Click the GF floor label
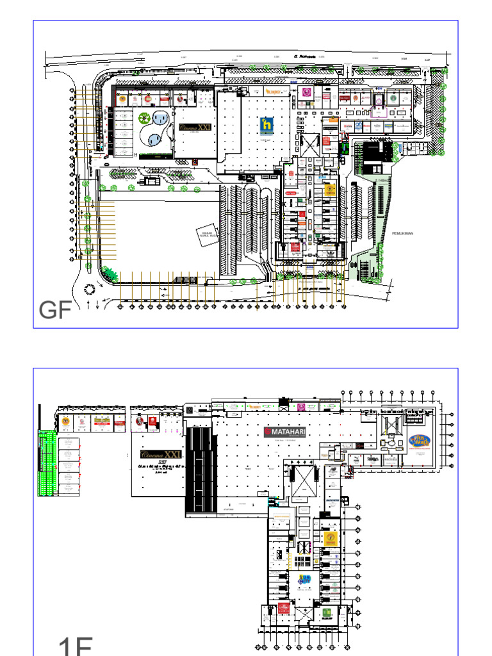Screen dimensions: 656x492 pyautogui.click(x=54, y=311)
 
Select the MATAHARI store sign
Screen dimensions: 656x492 pyautogui.click(x=285, y=432)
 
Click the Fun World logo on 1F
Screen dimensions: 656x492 pyautogui.click(x=420, y=442)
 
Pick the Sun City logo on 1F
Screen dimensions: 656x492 pyautogui.click(x=306, y=580)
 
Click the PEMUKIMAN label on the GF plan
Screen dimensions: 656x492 pyautogui.click(x=403, y=233)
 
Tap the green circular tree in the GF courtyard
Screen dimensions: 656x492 pyautogui.click(x=145, y=119)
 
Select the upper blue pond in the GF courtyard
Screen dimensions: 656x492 pyautogui.click(x=161, y=119)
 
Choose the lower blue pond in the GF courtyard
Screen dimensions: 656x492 pyautogui.click(x=154, y=139)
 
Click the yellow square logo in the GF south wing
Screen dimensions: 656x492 pyautogui.click(x=331, y=190)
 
